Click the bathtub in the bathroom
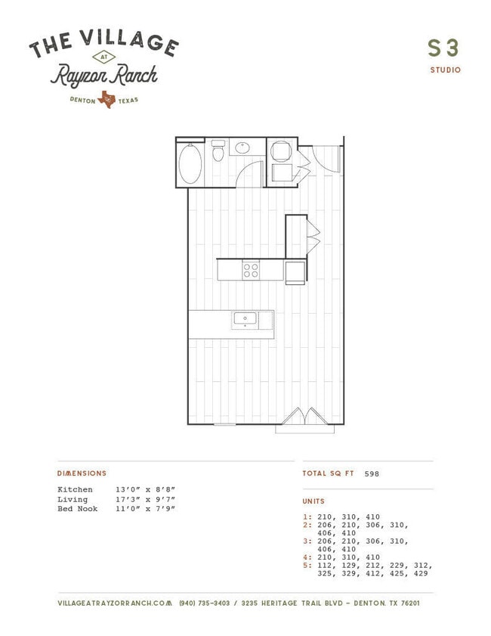pyautogui.click(x=190, y=163)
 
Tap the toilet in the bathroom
pyautogui.click(x=218, y=150)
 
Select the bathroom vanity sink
pyautogui.click(x=242, y=147)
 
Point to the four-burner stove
pyautogui.click(x=251, y=270)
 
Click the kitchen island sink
pyautogui.click(x=245, y=319)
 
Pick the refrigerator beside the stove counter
pyautogui.click(x=295, y=272)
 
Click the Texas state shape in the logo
pyautogui.click(x=107, y=99)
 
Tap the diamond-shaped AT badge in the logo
pyautogui.click(x=104, y=57)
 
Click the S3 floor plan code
pyautogui.click(x=443, y=48)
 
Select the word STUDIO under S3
pyautogui.click(x=446, y=70)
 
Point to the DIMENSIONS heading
pyautogui.click(x=82, y=473)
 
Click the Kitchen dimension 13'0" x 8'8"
pyautogui.click(x=146, y=489)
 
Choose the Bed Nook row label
pyautogui.click(x=77, y=509)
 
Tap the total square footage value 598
pyautogui.click(x=372, y=473)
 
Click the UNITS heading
pyautogui.click(x=313, y=501)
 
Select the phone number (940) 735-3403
pyautogui.click(x=205, y=603)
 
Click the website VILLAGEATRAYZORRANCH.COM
pyautogui.click(x=115, y=603)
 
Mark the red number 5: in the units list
pyautogui.click(x=307, y=566)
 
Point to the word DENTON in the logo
pyautogui.click(x=82, y=100)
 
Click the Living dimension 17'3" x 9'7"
pyautogui.click(x=146, y=499)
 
